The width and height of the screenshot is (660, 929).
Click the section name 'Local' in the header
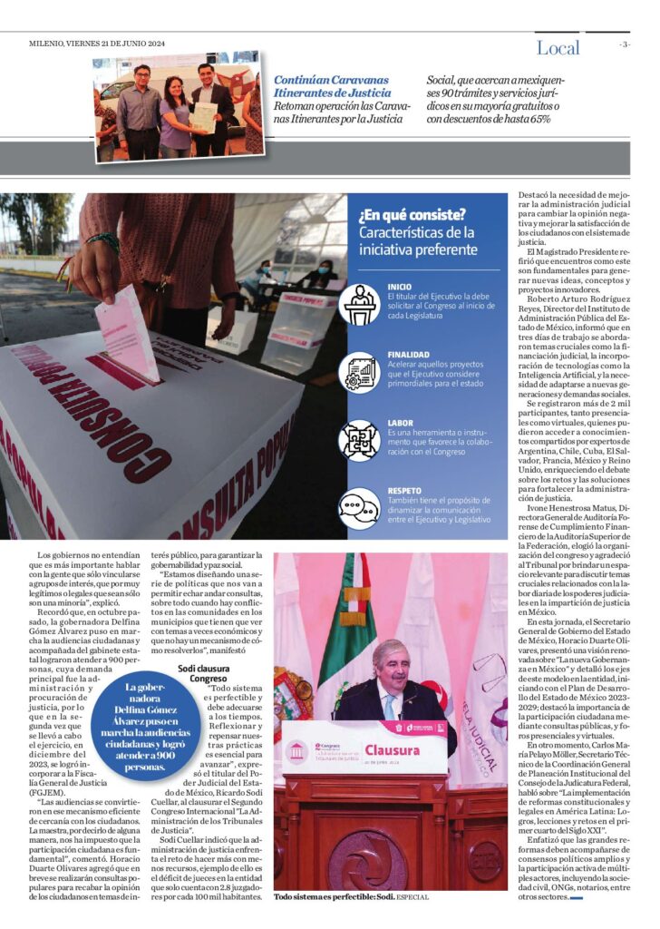pyautogui.click(x=558, y=48)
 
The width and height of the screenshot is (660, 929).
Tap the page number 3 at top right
pyautogui.click(x=624, y=44)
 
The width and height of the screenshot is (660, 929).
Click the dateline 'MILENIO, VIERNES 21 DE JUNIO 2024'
pyautogui.click(x=84, y=44)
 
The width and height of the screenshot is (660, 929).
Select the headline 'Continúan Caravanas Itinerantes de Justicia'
pyautogui.click(x=333, y=86)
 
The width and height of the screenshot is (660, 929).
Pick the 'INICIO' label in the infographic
pyautogui.click(x=399, y=286)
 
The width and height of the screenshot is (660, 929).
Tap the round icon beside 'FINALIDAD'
pyautogui.click(x=359, y=372)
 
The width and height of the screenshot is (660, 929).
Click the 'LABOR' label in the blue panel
pyautogui.click(x=400, y=423)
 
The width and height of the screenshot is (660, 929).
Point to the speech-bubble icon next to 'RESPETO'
pyautogui.click(x=359, y=507)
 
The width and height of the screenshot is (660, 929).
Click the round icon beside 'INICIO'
pyautogui.click(x=359, y=304)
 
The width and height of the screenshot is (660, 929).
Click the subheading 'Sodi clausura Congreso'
pyautogui.click(x=201, y=672)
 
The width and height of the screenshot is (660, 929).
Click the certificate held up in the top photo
pyautogui.click(x=205, y=116)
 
